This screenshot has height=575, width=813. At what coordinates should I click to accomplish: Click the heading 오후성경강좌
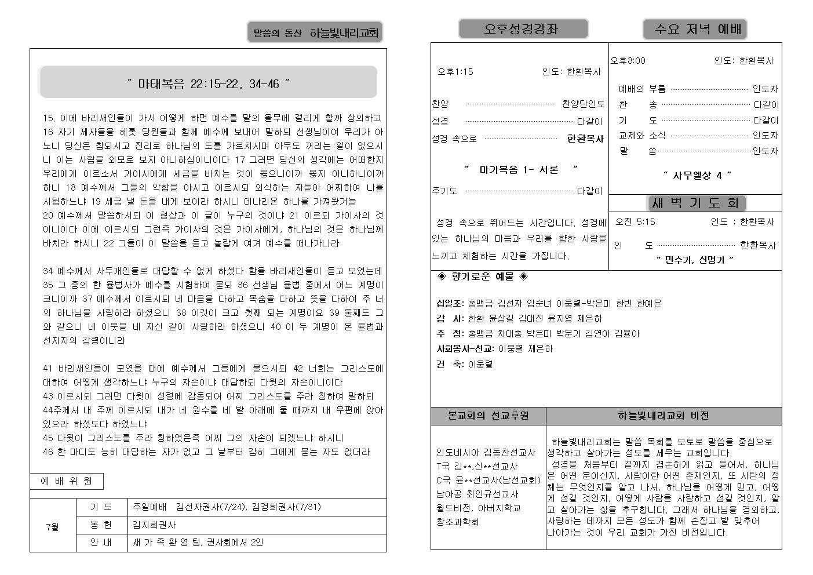click(x=523, y=29)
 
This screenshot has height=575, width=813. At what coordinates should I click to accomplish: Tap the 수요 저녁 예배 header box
click(x=695, y=29)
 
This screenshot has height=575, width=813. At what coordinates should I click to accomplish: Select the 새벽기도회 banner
click(x=695, y=203)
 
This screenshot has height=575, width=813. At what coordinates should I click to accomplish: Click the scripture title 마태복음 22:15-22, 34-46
click(x=208, y=84)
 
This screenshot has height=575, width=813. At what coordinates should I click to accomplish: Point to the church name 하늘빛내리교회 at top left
click(x=344, y=33)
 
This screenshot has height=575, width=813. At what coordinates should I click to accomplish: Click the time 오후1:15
click(x=455, y=72)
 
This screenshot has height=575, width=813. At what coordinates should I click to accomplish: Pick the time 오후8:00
click(x=628, y=60)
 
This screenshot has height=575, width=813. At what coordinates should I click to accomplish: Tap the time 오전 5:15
click(x=635, y=221)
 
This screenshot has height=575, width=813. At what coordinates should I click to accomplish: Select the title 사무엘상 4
click(x=697, y=175)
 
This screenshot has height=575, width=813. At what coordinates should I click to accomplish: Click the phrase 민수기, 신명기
click(x=695, y=260)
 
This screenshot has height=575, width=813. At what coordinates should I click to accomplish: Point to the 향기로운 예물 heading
click(x=482, y=276)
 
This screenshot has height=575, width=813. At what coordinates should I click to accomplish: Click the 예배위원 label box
click(x=67, y=481)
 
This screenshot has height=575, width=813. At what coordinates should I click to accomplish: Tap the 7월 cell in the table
click(x=53, y=527)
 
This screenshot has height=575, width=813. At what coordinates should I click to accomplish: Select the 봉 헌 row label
click(x=101, y=525)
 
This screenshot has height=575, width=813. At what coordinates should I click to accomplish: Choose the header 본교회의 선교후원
click(x=488, y=416)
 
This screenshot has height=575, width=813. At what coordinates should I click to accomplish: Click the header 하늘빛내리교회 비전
click(x=663, y=416)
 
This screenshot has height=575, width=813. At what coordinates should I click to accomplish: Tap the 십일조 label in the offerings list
click(x=450, y=303)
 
